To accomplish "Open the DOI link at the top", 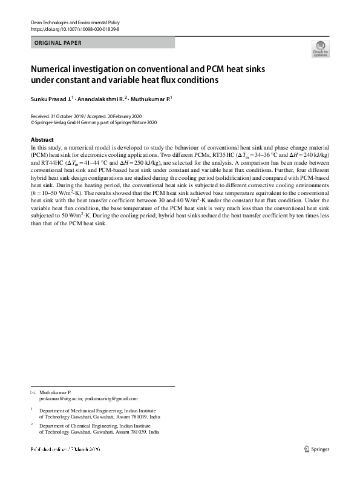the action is [67, 28].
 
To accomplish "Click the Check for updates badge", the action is [320, 49].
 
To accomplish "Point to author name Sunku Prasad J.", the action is [50, 98].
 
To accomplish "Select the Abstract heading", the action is [42, 139].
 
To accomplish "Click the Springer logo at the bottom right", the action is [317, 450].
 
